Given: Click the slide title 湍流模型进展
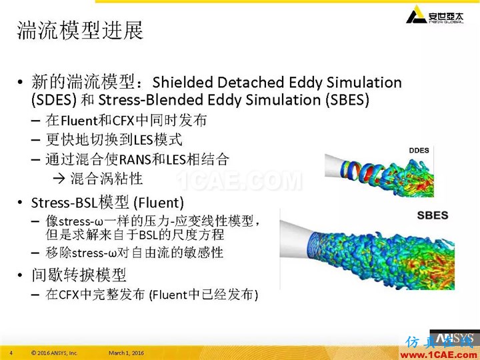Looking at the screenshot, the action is point(80,30).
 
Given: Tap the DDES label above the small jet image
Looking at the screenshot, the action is point(419,150).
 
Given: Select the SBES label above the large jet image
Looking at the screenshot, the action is point(433,215).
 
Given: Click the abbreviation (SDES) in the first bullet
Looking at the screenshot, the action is point(54,100).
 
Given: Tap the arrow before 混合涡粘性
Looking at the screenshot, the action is point(59,179).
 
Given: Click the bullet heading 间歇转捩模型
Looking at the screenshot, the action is point(79,275).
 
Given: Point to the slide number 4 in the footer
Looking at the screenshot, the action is point(11,353).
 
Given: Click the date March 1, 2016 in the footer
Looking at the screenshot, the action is point(126,353).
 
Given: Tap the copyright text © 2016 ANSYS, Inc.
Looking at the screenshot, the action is point(55,353).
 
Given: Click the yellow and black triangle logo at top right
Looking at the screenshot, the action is point(416,15).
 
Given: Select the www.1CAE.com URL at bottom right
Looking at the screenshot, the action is point(439,355).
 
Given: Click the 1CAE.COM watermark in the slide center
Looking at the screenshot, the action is point(239,181).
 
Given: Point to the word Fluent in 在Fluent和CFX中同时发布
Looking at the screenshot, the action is point(79,121).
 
